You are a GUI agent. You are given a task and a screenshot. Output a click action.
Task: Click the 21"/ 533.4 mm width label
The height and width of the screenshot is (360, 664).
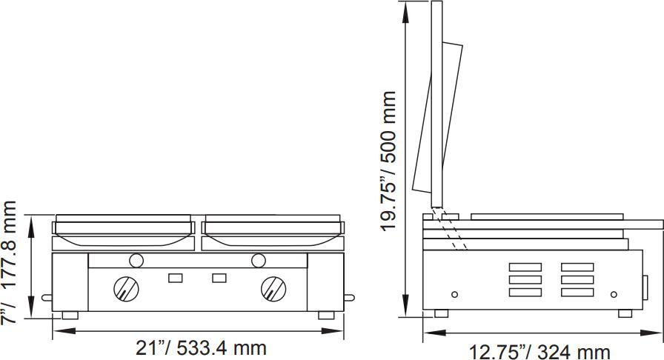point(201,347)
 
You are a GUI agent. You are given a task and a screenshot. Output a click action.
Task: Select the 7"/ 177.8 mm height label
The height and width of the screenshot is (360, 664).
point(10,263)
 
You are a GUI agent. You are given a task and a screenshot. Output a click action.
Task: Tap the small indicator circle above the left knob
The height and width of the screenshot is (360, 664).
point(136,260)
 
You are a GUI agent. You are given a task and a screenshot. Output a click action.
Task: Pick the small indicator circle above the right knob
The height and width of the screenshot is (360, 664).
point(259,260)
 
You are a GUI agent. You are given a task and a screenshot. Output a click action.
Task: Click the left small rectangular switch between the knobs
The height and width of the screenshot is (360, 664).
point(176,278)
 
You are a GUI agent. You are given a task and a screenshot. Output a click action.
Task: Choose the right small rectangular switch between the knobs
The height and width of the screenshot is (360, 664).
point(219,278)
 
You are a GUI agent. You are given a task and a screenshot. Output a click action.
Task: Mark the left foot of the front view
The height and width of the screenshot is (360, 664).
point(70,315)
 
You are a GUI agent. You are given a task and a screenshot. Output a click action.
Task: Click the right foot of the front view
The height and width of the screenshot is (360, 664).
point(326,315)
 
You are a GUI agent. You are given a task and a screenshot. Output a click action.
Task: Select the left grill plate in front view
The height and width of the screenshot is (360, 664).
point(124,231)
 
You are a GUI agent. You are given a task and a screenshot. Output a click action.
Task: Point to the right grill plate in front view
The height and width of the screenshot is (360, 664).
point(272,231)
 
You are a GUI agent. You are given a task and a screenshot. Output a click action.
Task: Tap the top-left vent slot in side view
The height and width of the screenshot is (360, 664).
point(525,267)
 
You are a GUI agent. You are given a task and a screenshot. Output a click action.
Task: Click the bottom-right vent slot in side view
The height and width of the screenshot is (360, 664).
point(577,292)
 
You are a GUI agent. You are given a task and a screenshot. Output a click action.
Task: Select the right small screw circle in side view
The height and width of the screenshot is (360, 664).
point(614,294)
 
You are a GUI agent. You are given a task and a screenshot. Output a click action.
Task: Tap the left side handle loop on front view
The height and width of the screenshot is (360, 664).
point(47,298)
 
